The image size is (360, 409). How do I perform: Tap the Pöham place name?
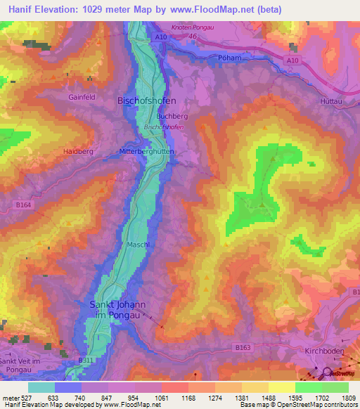(229, 58)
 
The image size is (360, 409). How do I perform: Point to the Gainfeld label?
(82, 98)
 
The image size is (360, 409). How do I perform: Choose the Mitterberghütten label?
(147, 151)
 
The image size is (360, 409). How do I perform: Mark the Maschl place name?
(138, 245)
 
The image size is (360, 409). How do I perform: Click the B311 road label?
(85, 361)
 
